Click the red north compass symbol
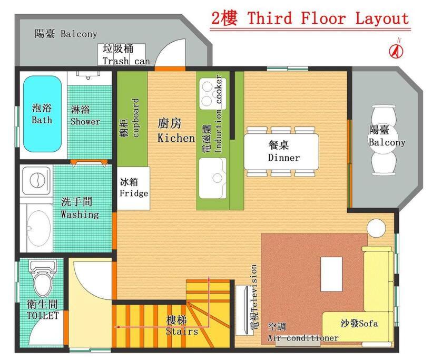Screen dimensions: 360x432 [396, 51]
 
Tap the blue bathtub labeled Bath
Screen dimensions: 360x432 [42, 113]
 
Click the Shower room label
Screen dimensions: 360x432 [85, 115]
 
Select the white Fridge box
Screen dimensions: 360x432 [133, 188]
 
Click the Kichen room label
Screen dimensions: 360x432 [175, 131]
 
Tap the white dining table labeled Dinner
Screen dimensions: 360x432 [281, 151]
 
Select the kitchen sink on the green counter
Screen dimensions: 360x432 [213, 178]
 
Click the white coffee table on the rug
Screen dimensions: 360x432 [331, 273]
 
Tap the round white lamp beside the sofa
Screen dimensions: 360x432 [376, 228]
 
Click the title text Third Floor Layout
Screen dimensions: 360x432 [328, 18]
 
